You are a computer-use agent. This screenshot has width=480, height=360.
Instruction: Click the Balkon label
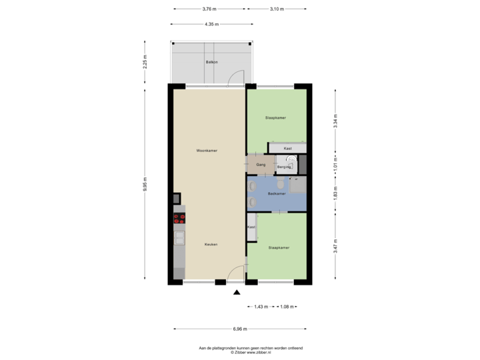coord(212,61)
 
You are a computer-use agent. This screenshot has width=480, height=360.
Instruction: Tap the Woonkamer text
coord(207,151)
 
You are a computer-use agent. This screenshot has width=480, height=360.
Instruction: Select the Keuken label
coord(211,245)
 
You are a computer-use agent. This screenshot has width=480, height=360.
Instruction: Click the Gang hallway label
coord(261,163)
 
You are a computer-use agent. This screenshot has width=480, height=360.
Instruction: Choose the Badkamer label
coord(277,194)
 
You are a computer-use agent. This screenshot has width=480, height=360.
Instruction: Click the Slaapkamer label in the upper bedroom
coord(275,117)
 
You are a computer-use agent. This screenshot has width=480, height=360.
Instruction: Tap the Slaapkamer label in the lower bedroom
coord(279,247)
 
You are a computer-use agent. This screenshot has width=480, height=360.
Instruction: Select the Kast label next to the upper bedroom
coord(287,148)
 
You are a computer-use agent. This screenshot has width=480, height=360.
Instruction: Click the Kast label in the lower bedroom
coord(251,227)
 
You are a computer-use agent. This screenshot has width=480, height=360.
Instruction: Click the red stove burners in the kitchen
coord(179,217)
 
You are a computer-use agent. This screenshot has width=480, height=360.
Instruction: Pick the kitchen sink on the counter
coord(179,237)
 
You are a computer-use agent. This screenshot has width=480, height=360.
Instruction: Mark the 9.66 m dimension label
coord(145,185)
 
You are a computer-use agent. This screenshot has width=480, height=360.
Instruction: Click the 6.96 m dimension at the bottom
coord(241,329)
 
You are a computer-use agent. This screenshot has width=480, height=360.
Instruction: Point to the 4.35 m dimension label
coord(213,25)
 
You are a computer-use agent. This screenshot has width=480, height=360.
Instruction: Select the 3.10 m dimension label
coord(277,9)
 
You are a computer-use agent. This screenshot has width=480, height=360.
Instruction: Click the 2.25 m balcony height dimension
coord(145,61)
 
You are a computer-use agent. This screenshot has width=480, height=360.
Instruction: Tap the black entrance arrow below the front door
coord(235,291)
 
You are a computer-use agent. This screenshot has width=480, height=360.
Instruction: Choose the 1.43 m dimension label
coord(261,307)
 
